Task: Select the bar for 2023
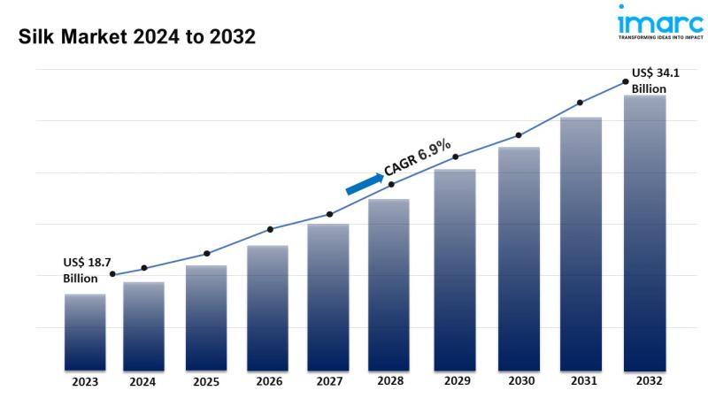point(85,332)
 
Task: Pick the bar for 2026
point(267,307)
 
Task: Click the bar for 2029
point(455,269)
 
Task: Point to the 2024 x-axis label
point(143,383)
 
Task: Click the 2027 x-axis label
point(329,382)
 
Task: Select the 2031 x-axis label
point(582,382)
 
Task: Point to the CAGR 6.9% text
point(418,157)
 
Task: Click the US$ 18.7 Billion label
point(86,271)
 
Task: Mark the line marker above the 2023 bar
point(112,274)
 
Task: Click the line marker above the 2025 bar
point(206,254)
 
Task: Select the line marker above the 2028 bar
point(391,184)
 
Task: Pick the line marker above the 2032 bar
point(625,81)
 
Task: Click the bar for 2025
point(206,318)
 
